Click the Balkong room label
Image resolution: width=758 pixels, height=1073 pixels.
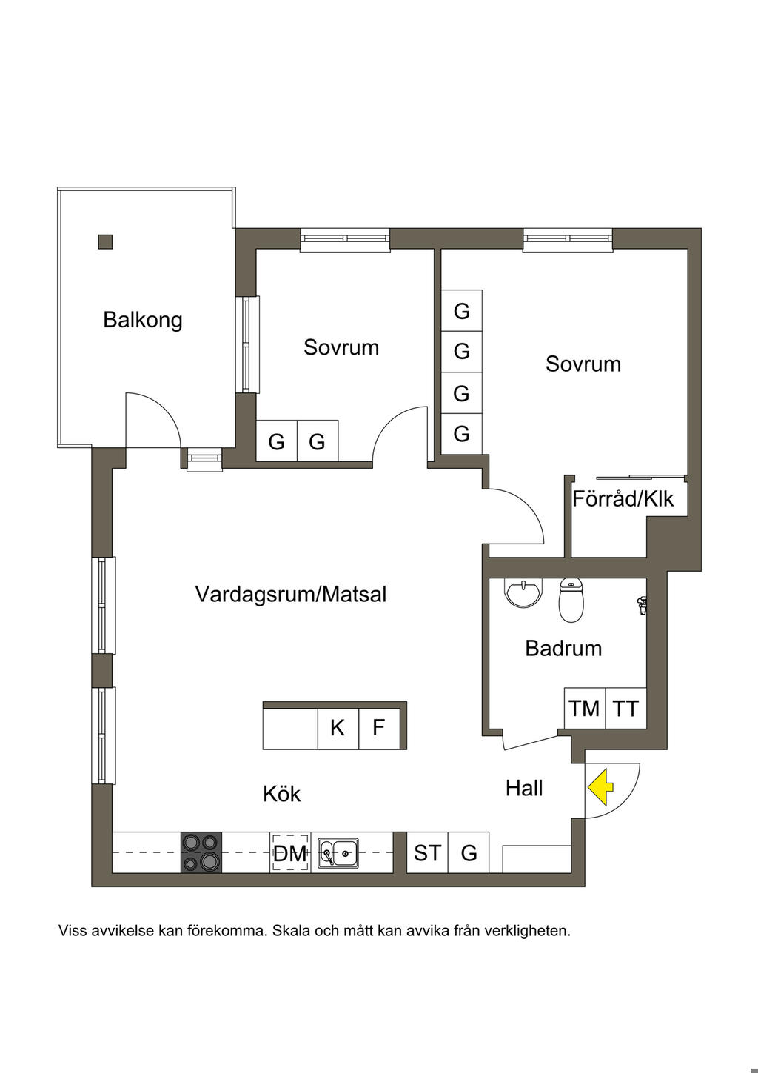(x=143, y=319)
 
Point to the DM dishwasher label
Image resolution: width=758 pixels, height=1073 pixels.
(x=289, y=853)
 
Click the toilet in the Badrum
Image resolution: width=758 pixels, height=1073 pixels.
(x=571, y=601)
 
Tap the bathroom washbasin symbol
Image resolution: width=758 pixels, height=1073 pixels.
(x=523, y=592)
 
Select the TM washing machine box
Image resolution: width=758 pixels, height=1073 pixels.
(x=585, y=709)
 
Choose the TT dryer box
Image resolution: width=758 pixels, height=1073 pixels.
(x=625, y=709)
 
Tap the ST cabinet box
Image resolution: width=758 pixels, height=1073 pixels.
(x=427, y=852)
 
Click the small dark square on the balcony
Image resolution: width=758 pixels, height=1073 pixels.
(x=105, y=241)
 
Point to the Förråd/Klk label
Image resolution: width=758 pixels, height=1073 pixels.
(x=623, y=499)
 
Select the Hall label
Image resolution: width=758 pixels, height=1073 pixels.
(x=524, y=788)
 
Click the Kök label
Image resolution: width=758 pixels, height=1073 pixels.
(x=281, y=794)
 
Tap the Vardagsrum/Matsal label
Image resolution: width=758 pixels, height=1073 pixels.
(x=291, y=594)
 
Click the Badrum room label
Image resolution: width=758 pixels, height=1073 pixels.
(x=563, y=648)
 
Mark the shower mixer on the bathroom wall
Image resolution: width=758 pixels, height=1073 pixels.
(x=641, y=605)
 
